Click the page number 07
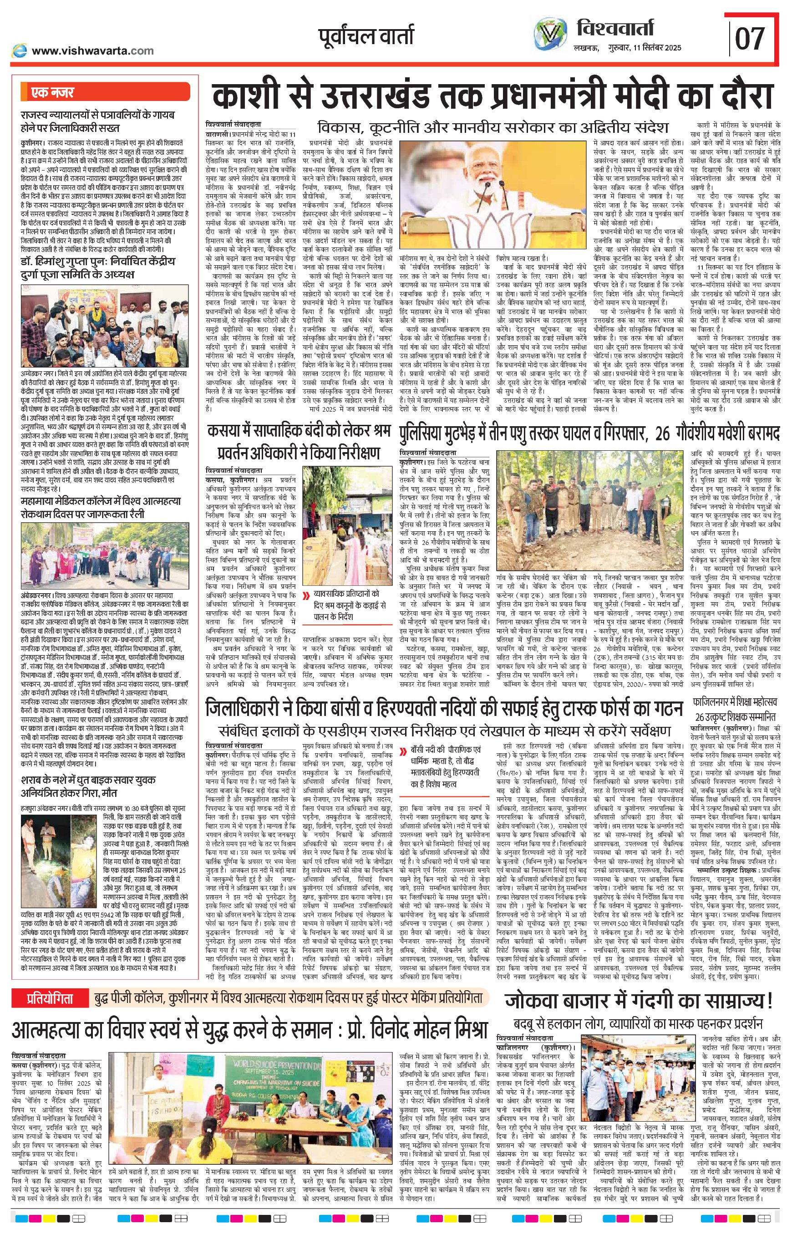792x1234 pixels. (751, 39)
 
